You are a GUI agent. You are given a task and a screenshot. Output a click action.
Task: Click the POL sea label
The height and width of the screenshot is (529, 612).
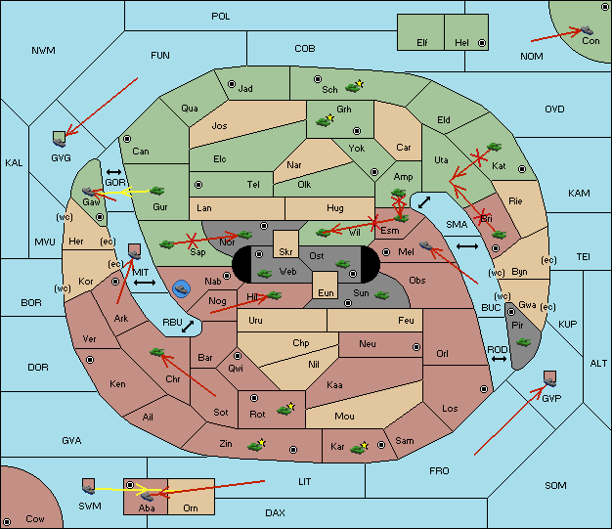click(221, 17)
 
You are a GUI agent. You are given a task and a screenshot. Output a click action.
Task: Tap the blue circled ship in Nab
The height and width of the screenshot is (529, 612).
click(182, 289)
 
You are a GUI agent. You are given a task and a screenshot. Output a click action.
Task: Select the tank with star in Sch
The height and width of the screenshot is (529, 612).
click(354, 87)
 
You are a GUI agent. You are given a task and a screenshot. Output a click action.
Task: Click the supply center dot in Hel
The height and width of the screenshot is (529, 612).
click(482, 43)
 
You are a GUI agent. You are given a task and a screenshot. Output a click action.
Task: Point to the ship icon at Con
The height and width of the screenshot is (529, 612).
click(587, 30)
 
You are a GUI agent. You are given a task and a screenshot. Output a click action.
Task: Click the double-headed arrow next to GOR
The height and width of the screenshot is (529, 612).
click(113, 172)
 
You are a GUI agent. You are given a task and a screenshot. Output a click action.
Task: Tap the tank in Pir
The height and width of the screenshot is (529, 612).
click(523, 342)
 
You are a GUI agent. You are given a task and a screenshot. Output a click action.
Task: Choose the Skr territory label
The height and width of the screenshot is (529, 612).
click(285, 252)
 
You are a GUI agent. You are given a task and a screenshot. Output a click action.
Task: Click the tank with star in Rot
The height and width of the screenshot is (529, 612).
click(285, 409)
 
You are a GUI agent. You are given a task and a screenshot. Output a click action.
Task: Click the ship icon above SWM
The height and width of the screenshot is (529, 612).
click(89, 486)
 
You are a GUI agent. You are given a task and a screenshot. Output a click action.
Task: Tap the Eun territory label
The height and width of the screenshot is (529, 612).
click(326, 292)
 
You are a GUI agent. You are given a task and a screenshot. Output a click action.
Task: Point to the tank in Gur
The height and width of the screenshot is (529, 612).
click(156, 191)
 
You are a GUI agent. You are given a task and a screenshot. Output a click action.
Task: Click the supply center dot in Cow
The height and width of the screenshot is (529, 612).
click(7, 522)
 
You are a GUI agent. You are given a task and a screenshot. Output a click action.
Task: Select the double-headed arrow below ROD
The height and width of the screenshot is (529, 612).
click(499, 359)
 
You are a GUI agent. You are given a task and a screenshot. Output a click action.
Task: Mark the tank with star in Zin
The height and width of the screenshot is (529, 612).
click(257, 445)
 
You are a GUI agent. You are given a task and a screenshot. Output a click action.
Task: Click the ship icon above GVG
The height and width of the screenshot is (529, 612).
click(60, 139)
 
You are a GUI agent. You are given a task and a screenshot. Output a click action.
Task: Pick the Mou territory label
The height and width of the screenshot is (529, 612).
click(344, 417)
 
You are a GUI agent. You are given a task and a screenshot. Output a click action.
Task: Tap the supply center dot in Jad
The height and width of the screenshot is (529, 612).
click(232, 84)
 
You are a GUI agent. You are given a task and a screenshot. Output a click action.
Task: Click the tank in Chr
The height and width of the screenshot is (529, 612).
click(156, 352)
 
